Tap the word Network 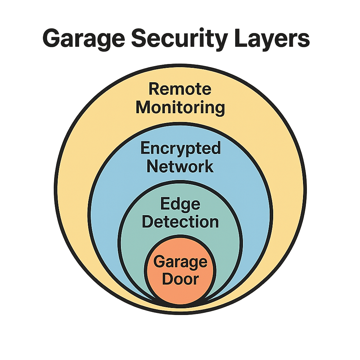(180, 166)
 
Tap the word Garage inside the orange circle (181, 262)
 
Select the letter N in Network (153, 166)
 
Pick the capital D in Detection (149, 222)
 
